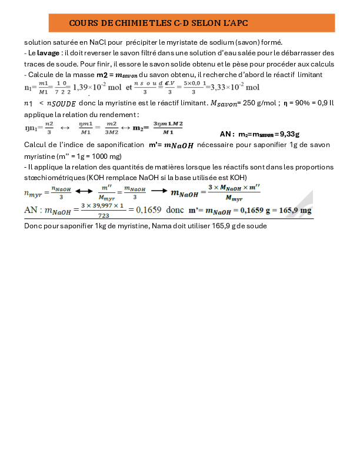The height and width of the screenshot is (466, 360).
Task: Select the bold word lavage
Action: [x=49, y=53]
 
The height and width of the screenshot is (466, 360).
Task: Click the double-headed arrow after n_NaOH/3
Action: [x=84, y=191]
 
